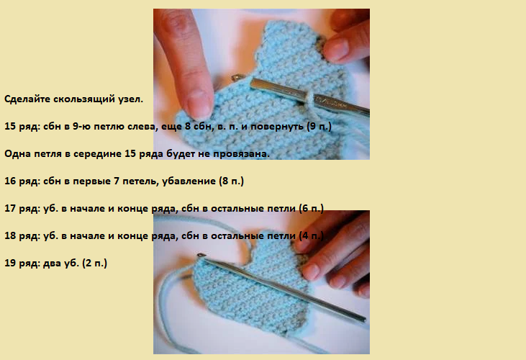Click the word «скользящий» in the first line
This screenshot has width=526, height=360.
(83, 99)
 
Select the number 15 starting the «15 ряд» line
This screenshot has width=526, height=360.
(10, 127)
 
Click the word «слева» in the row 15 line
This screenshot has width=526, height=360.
(143, 127)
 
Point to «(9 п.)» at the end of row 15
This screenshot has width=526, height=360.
(319, 127)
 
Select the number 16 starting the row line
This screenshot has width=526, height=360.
(10, 181)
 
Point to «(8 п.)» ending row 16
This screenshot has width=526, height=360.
(232, 181)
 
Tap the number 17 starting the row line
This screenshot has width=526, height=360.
(10, 208)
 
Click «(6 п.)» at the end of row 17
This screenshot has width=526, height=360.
(312, 208)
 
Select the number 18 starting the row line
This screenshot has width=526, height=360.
(10, 236)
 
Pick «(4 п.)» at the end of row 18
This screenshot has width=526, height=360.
(312, 236)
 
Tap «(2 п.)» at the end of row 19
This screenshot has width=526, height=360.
(94, 264)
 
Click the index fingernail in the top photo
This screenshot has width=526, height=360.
(199, 102)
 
